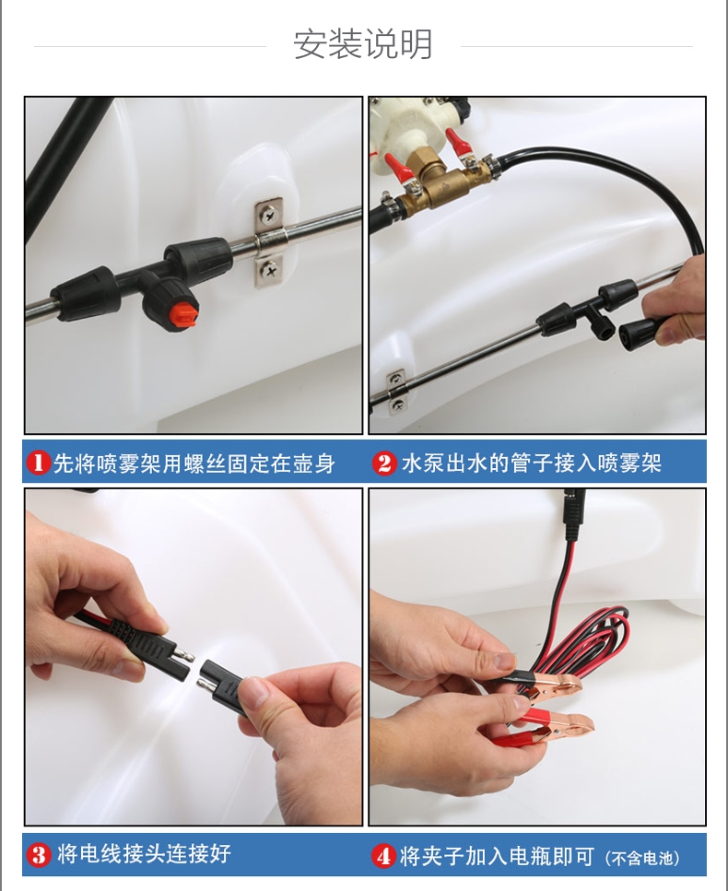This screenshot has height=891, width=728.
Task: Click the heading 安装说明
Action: [363, 43]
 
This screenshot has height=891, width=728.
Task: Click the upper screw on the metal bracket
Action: [268, 214]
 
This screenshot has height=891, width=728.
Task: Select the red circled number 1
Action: [38, 463]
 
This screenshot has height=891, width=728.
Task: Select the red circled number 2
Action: [385, 463]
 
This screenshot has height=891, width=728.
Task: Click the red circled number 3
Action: [39, 855]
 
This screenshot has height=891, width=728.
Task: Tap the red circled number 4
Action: [383, 856]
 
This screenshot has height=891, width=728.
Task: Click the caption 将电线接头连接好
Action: [144, 854]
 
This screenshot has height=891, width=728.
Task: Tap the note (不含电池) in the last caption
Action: [642, 858]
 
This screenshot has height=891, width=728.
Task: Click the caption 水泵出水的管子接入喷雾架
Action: [532, 463]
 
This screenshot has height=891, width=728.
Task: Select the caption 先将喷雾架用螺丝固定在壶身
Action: [194, 463]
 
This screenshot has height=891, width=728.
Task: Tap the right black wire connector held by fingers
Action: [225, 686]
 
